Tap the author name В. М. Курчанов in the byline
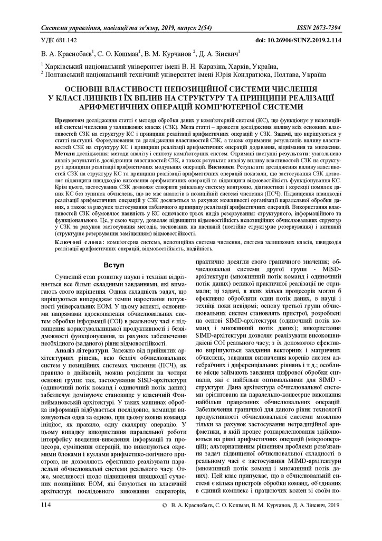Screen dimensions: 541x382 (x=169, y=53)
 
